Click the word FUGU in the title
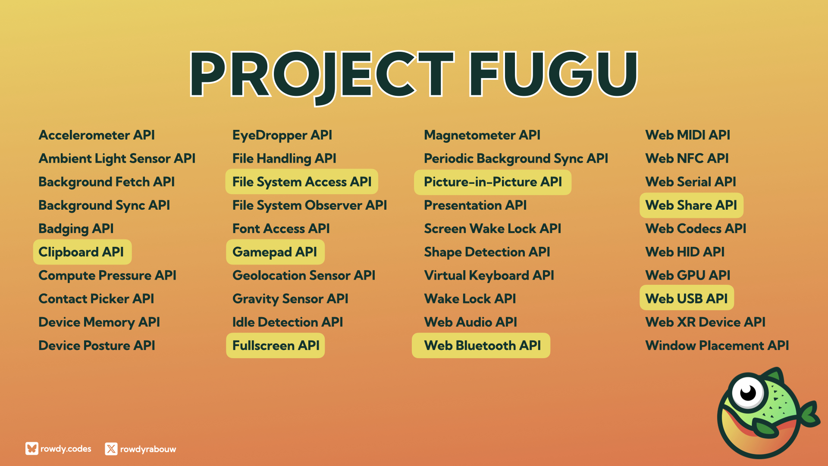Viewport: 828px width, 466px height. point(553,74)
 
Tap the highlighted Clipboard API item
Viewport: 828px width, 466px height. point(82,252)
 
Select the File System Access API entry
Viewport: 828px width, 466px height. point(302,182)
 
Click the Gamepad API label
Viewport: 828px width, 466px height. point(275,252)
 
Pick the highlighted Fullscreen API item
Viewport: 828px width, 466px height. point(275,345)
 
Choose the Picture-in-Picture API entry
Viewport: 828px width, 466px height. point(492,182)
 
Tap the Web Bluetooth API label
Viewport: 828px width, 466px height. point(481,345)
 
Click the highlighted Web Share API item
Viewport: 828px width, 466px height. point(691,205)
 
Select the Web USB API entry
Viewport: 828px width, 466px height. point(687,299)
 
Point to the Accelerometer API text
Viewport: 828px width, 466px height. point(97,135)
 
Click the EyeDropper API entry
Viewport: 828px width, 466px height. point(282,135)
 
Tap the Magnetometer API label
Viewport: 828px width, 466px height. point(482,135)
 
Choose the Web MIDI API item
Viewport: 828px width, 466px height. point(687,135)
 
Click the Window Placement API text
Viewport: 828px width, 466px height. point(717,345)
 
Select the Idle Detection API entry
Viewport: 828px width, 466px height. point(288,322)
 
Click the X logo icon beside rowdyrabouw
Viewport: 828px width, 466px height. point(111,449)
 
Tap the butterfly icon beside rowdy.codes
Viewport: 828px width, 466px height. point(32,448)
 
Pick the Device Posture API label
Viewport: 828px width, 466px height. point(97,345)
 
